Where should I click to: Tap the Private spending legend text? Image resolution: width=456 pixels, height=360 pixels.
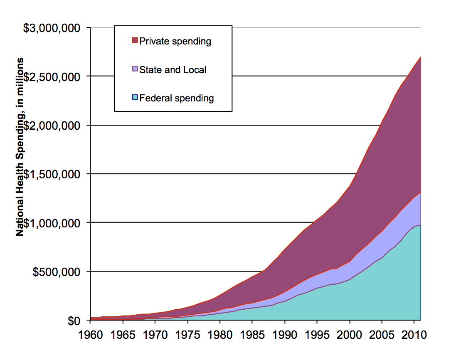point(175,41)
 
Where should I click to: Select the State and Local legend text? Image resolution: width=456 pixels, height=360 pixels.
point(173,70)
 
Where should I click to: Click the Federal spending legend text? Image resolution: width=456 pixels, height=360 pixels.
point(176,99)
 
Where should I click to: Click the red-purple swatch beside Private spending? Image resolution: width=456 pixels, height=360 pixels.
point(135,40)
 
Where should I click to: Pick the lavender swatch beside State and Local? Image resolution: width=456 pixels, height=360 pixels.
point(135,69)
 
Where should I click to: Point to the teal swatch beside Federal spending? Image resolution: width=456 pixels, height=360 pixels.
point(135,98)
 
